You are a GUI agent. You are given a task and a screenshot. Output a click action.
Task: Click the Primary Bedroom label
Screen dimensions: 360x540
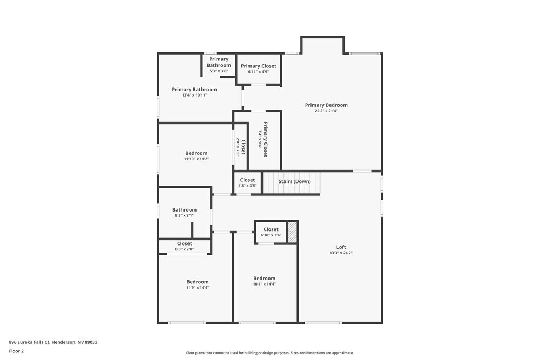point(326,105)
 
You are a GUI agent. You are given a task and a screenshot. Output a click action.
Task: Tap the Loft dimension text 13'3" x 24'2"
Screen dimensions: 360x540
point(341,253)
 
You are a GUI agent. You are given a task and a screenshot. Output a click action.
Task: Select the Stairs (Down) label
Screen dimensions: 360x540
point(294,181)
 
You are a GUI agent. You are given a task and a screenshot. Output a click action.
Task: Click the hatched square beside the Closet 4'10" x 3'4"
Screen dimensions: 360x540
point(292,232)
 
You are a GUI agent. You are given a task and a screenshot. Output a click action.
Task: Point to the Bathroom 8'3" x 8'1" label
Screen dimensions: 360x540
point(184,210)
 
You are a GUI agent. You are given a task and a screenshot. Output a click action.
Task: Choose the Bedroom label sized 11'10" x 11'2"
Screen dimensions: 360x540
point(196,153)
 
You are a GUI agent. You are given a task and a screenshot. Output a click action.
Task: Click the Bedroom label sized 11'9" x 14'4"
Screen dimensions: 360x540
point(198,282)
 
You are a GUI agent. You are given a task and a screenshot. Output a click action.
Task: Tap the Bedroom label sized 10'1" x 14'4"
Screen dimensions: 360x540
point(264,279)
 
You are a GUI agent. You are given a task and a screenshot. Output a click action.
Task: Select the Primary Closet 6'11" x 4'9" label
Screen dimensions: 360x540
point(259,66)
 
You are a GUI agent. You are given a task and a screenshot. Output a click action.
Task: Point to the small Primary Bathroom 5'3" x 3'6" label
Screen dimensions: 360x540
point(219,62)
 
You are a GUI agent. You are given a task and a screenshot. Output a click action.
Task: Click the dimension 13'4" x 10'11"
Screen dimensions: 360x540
point(194,95)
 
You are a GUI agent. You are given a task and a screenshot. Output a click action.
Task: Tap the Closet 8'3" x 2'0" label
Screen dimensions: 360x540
point(184,243)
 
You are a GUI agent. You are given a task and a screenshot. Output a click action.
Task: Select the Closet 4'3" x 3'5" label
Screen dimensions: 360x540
point(247,180)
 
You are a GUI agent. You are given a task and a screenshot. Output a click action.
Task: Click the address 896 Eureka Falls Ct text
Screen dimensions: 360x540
point(53,342)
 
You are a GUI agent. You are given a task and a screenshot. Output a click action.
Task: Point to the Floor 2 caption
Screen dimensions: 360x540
point(16,351)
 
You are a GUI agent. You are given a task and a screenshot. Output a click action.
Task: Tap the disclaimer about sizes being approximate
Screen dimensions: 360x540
point(270,353)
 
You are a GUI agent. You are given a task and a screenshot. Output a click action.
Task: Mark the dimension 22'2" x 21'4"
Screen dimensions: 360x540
point(326,111)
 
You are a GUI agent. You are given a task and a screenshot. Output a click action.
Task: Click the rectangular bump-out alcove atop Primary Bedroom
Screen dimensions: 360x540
point(322,46)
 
